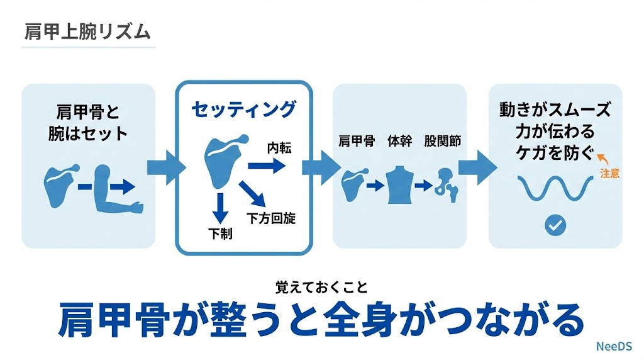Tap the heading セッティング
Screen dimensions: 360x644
pyautogui.click(x=243, y=110)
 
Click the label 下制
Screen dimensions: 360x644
pyautogui.click(x=220, y=233)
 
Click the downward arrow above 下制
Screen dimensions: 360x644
pyautogui.click(x=220, y=208)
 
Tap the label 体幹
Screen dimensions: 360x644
pyautogui.click(x=399, y=141)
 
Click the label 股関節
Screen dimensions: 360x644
pyautogui.click(x=443, y=141)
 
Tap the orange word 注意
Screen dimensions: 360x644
pyautogui.click(x=609, y=174)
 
